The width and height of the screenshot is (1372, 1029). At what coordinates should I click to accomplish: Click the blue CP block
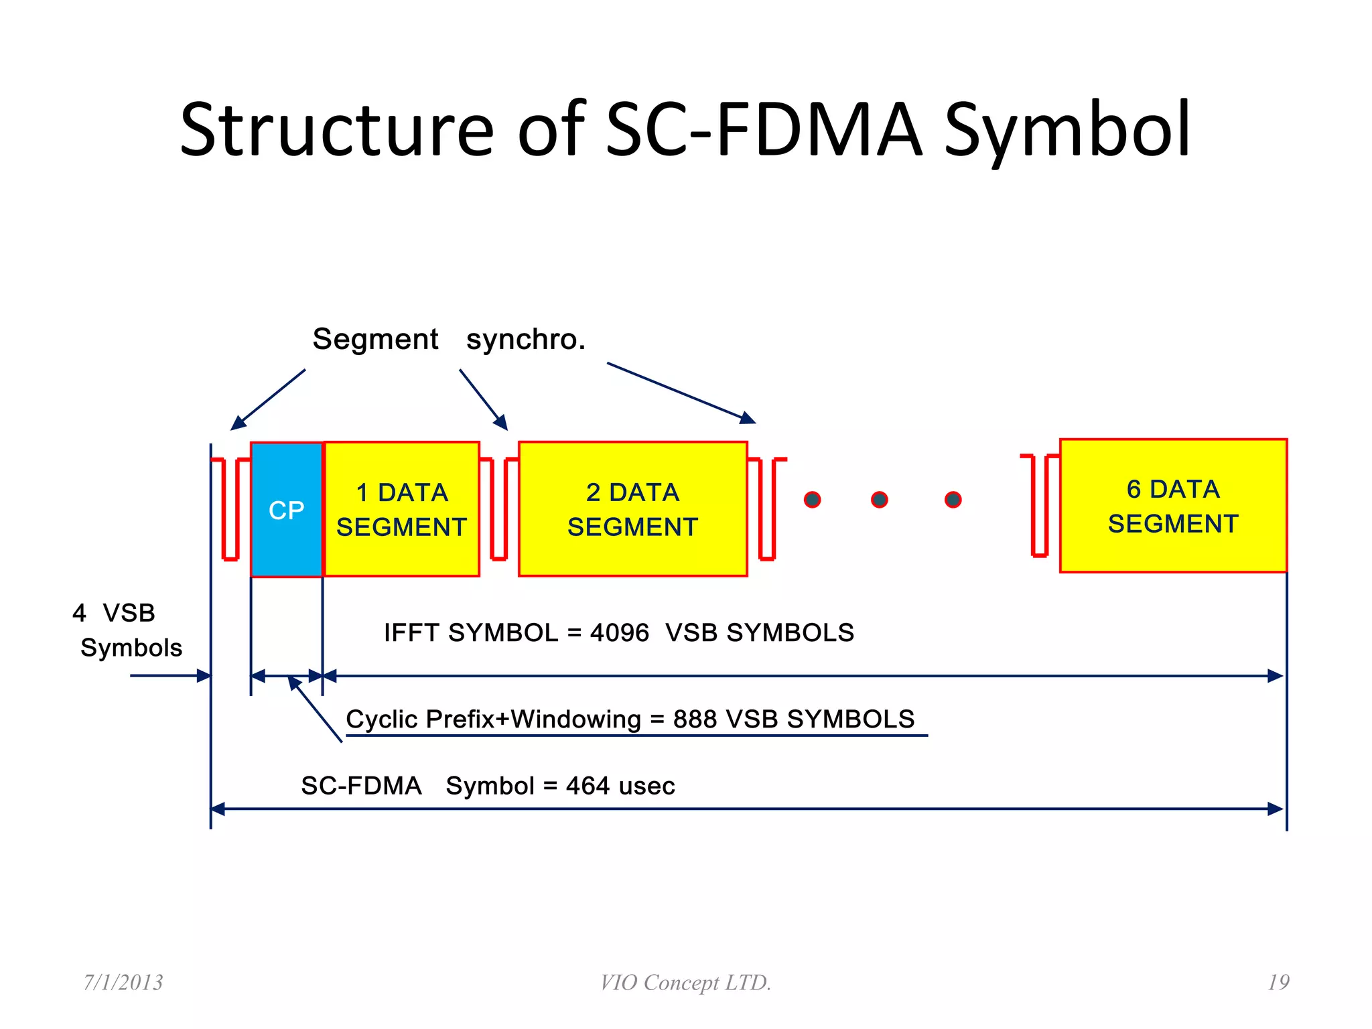[x=286, y=510]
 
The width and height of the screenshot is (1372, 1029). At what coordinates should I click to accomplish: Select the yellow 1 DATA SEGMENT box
[x=401, y=509]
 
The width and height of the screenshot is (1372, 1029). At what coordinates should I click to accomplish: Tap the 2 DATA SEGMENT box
[x=632, y=509]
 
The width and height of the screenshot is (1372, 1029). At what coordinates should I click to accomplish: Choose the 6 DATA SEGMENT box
[x=1172, y=506]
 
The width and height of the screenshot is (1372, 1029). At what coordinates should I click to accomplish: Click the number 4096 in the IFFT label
[x=619, y=633]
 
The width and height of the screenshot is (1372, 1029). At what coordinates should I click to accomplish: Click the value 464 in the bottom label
[x=588, y=786]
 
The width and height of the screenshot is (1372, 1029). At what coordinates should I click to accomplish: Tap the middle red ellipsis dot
[x=879, y=500]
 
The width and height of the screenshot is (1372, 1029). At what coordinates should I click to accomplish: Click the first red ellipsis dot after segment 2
[x=812, y=500]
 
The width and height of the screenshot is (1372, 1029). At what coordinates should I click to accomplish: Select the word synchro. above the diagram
[x=526, y=340]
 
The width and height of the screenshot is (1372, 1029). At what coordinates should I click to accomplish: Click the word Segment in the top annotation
[x=375, y=340]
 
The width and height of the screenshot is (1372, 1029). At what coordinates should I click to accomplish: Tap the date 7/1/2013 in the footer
[x=123, y=982]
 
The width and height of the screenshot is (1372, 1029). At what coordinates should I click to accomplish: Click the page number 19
[x=1278, y=982]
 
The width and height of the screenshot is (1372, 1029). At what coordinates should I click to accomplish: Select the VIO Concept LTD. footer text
[x=685, y=983]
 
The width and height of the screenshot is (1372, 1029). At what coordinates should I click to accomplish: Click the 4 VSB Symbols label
[x=124, y=630]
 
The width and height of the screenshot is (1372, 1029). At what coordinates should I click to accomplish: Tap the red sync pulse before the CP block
[x=230, y=509]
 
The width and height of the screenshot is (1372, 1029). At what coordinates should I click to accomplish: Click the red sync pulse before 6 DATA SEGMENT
[x=1040, y=506]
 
